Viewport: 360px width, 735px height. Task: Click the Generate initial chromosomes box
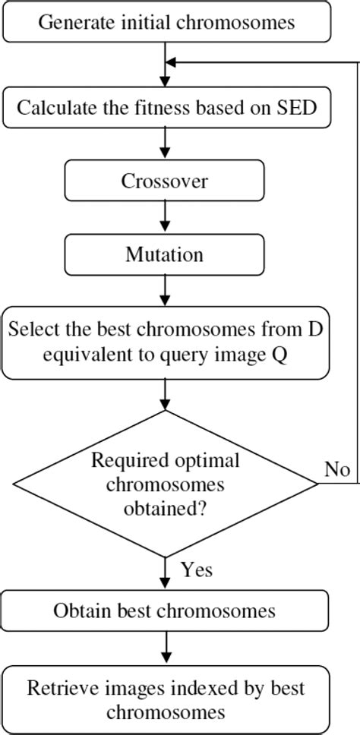166,22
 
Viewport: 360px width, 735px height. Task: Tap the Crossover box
165,181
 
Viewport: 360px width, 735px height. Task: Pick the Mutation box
165,254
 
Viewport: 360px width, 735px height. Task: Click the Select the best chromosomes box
165,342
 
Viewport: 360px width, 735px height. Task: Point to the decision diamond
165,484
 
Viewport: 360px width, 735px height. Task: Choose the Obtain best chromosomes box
165,610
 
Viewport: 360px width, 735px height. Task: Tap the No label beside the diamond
336,469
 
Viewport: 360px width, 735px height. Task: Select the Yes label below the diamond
197,569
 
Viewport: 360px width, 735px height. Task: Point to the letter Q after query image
279,355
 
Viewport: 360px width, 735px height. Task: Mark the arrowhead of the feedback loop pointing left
172,62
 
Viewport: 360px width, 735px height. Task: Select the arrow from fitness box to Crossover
165,144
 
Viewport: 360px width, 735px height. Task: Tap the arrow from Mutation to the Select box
165,290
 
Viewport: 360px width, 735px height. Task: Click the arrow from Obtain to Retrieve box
165,648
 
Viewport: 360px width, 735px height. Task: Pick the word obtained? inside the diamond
165,509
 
